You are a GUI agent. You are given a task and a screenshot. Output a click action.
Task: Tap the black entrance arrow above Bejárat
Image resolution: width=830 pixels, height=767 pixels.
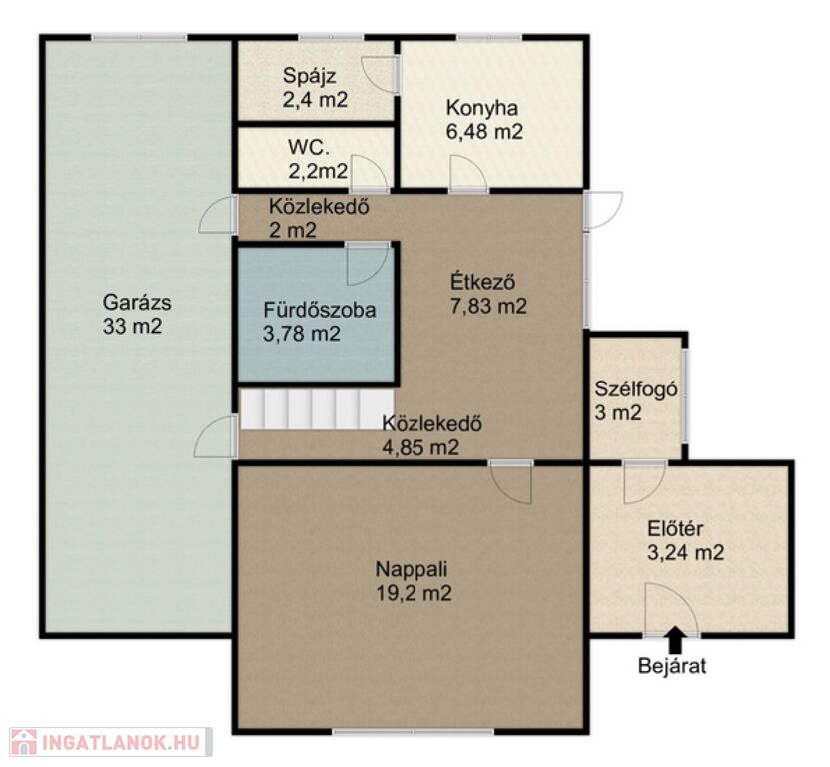(674, 640)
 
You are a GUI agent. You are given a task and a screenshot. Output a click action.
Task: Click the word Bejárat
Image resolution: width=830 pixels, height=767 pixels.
(672, 666)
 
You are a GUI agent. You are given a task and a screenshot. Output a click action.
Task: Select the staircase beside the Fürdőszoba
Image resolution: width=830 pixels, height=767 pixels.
(318, 409)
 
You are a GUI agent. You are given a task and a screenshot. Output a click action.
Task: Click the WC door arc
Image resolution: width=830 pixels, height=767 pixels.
(369, 173)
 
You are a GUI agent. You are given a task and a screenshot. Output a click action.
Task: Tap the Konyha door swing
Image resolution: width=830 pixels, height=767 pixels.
(468, 173)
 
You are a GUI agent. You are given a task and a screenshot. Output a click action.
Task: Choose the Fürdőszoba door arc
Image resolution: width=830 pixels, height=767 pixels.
(367, 264)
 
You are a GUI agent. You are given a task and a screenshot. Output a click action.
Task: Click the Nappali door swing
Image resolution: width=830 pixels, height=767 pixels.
(510, 482)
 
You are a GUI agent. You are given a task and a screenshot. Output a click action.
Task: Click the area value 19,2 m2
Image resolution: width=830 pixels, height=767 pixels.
(414, 593)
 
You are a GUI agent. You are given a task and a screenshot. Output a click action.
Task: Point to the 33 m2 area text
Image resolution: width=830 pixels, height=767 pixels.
(132, 326)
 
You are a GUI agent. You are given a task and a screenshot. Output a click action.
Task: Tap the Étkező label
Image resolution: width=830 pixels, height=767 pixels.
(482, 282)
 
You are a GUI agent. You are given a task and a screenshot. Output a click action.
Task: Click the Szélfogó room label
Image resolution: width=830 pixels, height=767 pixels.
(636, 389)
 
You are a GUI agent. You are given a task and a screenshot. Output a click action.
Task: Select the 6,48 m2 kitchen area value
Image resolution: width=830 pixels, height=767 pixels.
(484, 131)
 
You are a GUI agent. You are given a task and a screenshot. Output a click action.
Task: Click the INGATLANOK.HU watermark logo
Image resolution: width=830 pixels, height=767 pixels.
(111, 742)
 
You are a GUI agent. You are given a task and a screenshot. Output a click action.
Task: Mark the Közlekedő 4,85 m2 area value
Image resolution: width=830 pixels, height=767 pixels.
(420, 447)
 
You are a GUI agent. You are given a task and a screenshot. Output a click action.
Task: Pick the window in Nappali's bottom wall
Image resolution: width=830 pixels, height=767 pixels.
(413, 731)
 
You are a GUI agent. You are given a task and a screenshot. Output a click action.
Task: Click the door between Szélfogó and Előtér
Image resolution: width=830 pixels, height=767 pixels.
(645, 482)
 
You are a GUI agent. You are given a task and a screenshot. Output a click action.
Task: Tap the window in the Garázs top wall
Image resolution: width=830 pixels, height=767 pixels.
(139, 37)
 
